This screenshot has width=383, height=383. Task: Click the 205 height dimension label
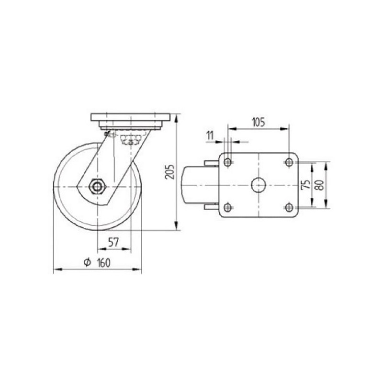(x=170, y=172)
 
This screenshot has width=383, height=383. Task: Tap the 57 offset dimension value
(x=113, y=242)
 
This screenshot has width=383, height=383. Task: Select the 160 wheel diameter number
(x=104, y=262)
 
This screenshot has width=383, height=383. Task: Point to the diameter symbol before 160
(x=87, y=262)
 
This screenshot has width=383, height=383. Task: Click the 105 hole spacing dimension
(x=258, y=122)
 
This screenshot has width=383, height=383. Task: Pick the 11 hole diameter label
(x=210, y=135)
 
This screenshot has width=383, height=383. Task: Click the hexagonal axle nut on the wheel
(x=97, y=187)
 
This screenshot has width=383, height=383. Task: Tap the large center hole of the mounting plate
(x=259, y=185)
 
